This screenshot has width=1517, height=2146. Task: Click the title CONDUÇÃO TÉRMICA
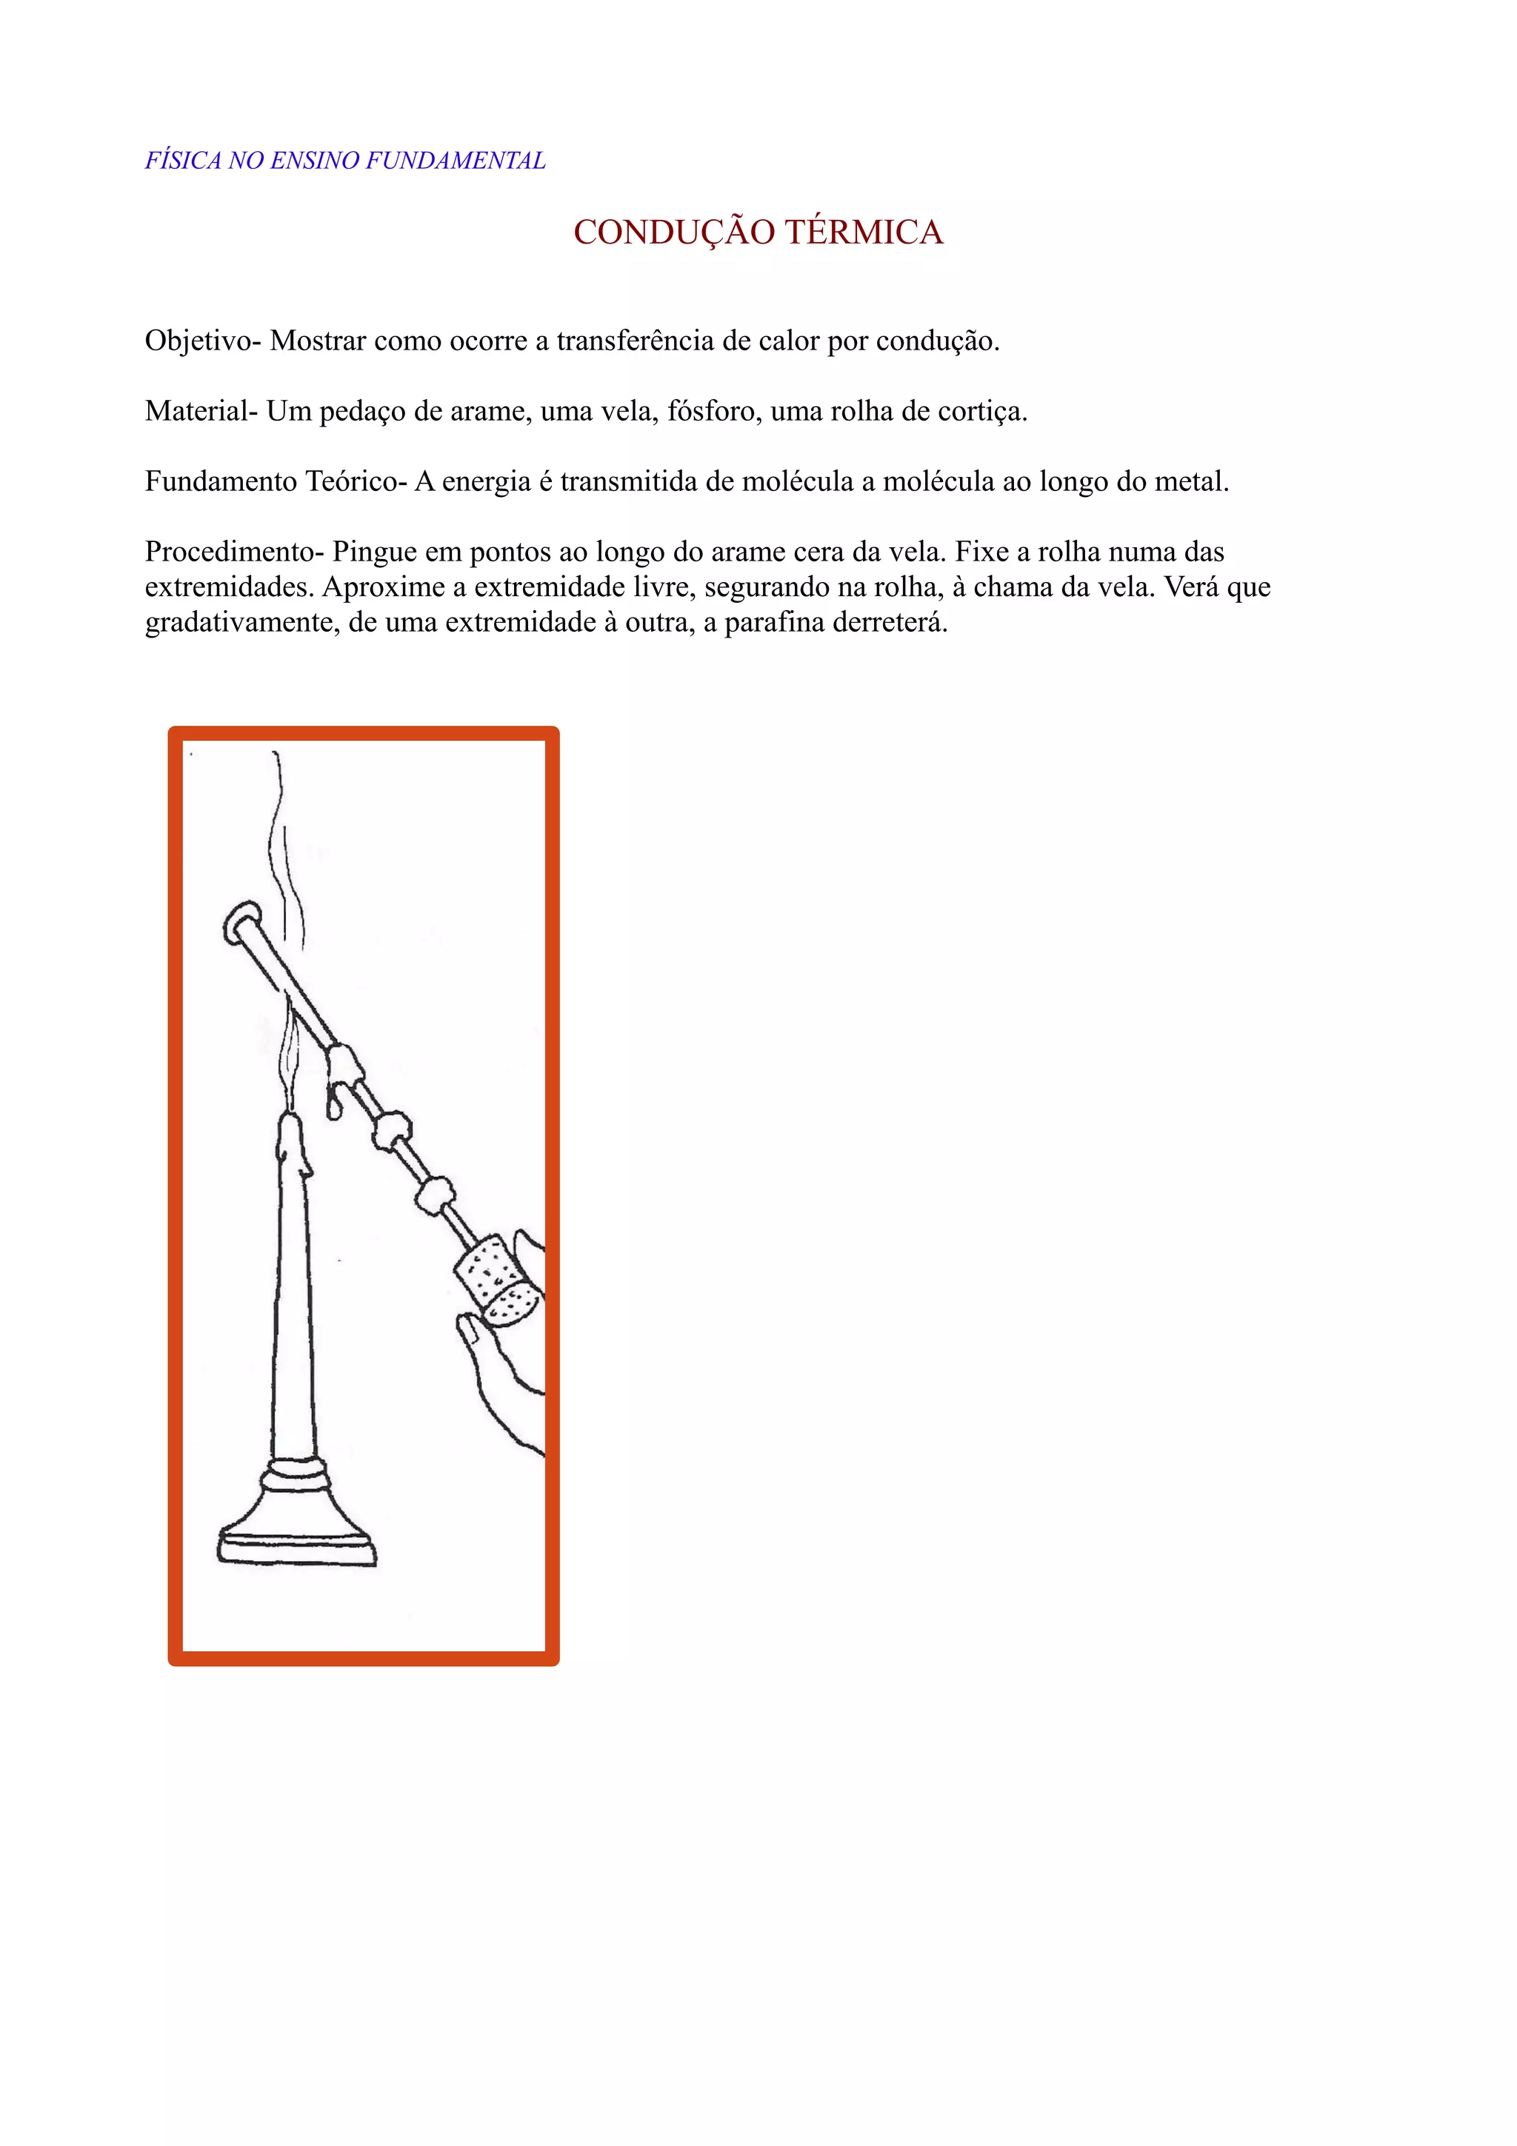[758, 232]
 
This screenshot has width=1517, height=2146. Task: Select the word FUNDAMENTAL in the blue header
[456, 161]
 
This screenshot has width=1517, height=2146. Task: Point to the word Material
[196, 411]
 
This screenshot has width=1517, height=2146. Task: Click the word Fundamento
[220, 481]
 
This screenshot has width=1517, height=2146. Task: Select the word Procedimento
[230, 552]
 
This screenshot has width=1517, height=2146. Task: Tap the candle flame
[290, 1066]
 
